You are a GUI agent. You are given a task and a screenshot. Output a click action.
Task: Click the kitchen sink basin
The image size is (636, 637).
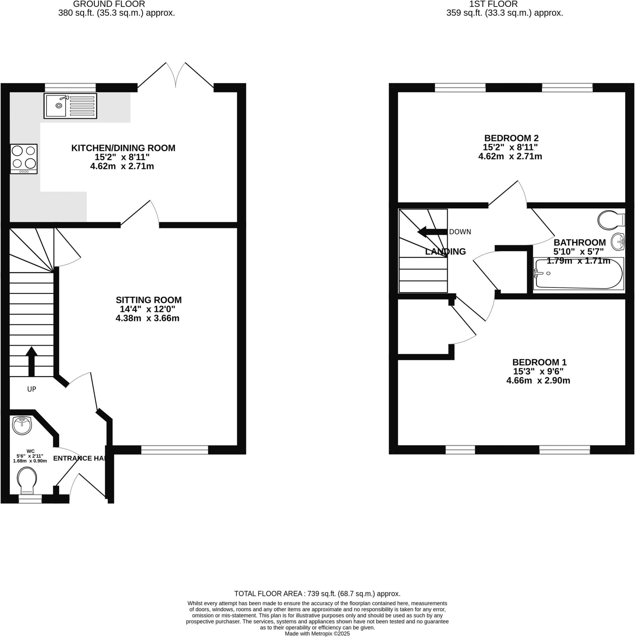56,105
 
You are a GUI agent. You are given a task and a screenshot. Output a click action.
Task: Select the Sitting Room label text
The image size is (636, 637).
148,300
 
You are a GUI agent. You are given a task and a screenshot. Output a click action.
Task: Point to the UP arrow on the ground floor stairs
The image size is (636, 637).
31,361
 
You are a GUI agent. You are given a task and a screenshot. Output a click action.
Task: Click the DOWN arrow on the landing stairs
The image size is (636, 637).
432,232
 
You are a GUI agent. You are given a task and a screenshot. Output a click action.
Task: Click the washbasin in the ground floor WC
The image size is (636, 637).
22,425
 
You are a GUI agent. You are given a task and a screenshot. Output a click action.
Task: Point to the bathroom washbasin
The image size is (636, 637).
618,241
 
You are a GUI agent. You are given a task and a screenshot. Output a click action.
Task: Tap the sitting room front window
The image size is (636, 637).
174,450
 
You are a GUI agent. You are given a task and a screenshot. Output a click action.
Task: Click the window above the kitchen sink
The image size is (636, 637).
70,87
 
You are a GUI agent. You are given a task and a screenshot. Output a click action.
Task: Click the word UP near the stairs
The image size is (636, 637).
31,389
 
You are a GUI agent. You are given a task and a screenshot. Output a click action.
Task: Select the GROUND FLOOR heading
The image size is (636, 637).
109,4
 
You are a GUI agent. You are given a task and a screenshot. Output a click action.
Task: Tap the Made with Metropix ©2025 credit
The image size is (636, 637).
317,633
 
